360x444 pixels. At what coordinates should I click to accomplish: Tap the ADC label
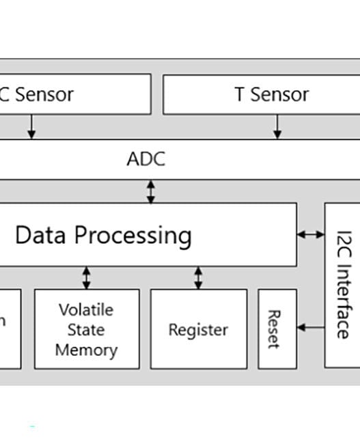pyautogui.click(x=146, y=159)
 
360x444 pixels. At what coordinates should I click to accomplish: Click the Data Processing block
pyautogui.click(x=147, y=235)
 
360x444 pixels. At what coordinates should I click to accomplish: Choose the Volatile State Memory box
pyautogui.click(x=87, y=329)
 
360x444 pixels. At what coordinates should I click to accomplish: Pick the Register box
pyautogui.click(x=198, y=329)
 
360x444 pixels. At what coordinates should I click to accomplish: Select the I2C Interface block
pyautogui.click(x=342, y=285)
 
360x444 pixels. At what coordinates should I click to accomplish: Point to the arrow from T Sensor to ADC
pyautogui.click(x=277, y=126)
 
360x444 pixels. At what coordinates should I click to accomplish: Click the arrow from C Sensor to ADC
pyautogui.click(x=31, y=126)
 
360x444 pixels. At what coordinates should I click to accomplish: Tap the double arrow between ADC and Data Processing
pyautogui.click(x=151, y=191)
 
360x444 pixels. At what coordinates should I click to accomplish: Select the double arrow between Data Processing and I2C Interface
pyautogui.click(x=311, y=234)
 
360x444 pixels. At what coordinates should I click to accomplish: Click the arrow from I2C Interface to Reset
pyautogui.click(x=311, y=328)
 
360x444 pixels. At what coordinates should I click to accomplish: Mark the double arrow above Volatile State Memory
pyautogui.click(x=86, y=277)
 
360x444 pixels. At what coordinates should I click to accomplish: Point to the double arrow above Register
pyautogui.click(x=198, y=277)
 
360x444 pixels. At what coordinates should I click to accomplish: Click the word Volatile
pyautogui.click(x=86, y=309)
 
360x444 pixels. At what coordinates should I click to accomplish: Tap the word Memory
pyautogui.click(x=86, y=350)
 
